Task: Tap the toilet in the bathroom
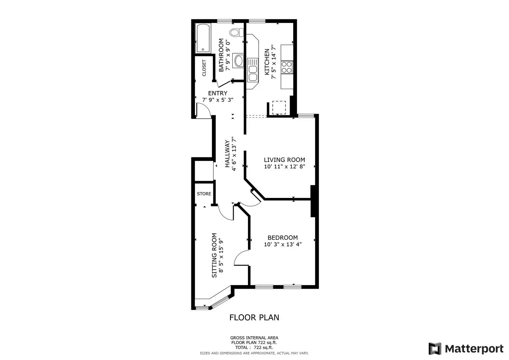click(x=236, y=33)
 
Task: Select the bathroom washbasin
click(x=239, y=61)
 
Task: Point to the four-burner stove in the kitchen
click(x=287, y=67)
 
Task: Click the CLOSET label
click(x=204, y=68)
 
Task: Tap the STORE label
click(x=204, y=194)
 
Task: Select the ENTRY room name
click(x=218, y=93)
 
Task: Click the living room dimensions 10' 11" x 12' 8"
click(x=284, y=167)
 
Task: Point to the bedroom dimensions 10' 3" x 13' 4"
click(x=283, y=244)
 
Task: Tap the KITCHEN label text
click(x=267, y=62)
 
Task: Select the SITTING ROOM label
click(x=214, y=255)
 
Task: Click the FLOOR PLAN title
click(x=254, y=318)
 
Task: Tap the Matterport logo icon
click(x=435, y=349)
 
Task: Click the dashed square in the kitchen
click(x=279, y=107)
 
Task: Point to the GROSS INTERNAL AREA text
click(x=254, y=338)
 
